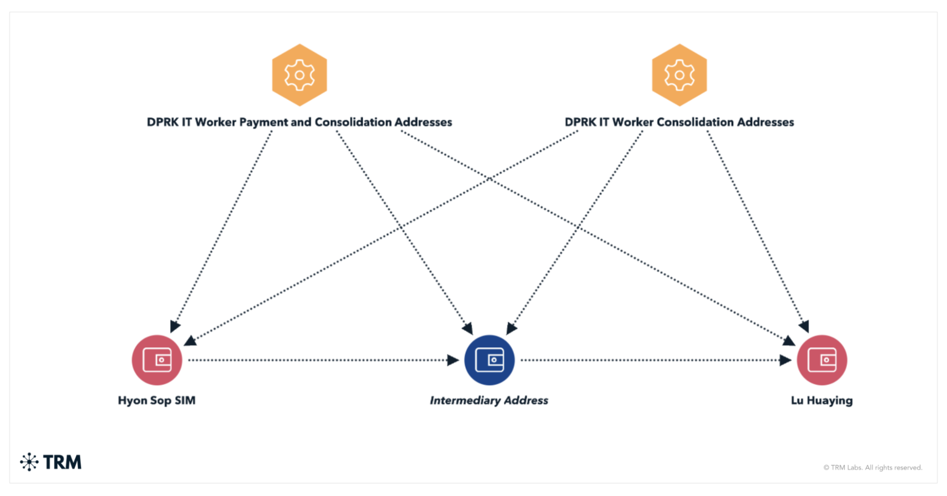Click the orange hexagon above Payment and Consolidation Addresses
[299, 75]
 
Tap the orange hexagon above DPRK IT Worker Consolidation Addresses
[679, 75]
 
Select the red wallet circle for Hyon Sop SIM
[157, 360]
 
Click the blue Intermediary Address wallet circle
[489, 360]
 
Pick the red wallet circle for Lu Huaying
[822, 360]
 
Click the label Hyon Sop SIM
[157, 401]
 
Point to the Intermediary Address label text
[489, 401]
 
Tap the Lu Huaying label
[822, 401]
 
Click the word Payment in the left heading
[263, 122]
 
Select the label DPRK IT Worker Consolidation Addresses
[679, 122]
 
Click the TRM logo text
[62, 462]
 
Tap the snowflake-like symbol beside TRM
[29, 462]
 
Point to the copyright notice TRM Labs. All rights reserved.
[873, 468]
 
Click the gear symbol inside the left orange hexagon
[299, 75]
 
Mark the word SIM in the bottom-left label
[185, 401]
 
